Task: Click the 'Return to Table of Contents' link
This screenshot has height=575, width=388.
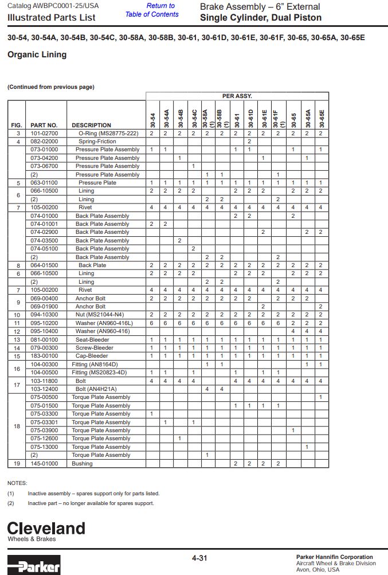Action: [152, 10]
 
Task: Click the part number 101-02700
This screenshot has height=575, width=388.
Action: [44, 133]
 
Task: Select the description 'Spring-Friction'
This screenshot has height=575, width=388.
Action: [97, 141]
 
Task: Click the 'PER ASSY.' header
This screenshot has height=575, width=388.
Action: [237, 96]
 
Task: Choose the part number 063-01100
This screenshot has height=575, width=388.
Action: [44, 182]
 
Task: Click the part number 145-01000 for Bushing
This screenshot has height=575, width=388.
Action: [44, 463]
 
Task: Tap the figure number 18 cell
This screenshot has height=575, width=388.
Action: [18, 426]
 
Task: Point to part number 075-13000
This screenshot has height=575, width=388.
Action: [44, 447]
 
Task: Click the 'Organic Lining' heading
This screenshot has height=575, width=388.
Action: [37, 54]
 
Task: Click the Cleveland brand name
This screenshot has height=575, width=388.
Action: [46, 528]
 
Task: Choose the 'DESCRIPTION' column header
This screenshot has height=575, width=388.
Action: [91, 125]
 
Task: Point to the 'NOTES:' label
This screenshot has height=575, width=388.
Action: [17, 483]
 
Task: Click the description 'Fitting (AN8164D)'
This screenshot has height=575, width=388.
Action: [95, 364]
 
